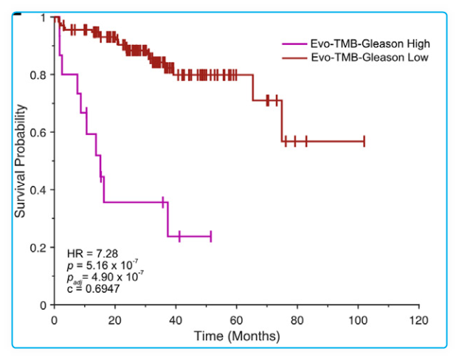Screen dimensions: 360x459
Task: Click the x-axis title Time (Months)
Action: [237, 336]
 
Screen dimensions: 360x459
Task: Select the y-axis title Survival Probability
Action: [21, 161]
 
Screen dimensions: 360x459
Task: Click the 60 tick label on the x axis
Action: [236, 320]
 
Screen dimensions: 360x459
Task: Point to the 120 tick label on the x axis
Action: [418, 320]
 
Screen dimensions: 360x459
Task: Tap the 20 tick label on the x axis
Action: [114, 320]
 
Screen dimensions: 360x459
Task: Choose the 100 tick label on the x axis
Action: [358, 320]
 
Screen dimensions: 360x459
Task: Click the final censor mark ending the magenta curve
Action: [211, 236]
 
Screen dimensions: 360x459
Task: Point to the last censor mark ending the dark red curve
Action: [364, 141]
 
